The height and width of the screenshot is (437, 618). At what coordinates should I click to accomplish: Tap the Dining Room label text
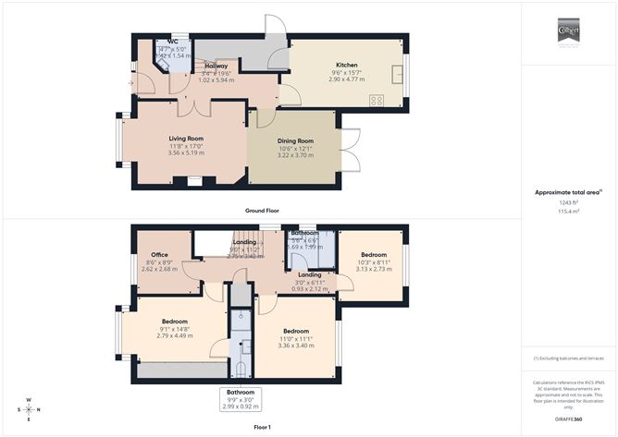click(296, 140)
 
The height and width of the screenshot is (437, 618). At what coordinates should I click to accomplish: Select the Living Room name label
click(186, 139)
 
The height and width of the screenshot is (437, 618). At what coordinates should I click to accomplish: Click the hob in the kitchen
click(377, 100)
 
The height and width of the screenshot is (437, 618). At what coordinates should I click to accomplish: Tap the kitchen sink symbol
click(397, 73)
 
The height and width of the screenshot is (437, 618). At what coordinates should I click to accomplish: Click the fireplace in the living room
click(192, 181)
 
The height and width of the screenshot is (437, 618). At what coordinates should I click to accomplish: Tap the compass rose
click(29, 408)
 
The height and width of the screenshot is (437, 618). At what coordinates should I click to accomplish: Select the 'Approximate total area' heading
click(568, 191)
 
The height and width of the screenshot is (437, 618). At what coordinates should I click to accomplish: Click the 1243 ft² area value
click(568, 202)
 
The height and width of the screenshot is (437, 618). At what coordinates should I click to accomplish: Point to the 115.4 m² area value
click(568, 212)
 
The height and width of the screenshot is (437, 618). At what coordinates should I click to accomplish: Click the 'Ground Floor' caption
click(263, 210)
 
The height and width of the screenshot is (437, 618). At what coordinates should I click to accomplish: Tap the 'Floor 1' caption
click(263, 427)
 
